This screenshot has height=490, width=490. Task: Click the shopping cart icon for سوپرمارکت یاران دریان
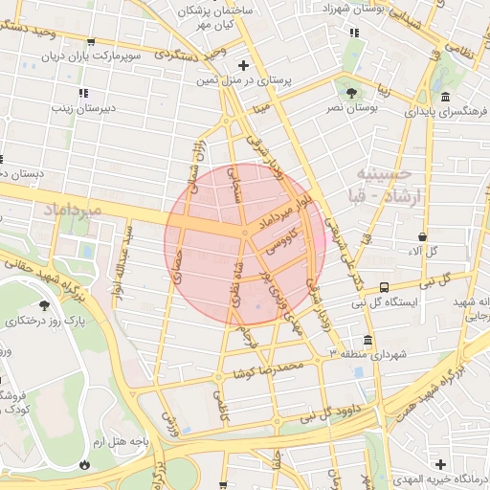pyautogui.click(x=90, y=42)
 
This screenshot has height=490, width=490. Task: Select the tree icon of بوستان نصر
pyautogui.click(x=352, y=93)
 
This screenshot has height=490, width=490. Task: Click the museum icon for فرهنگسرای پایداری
pyautogui.click(x=446, y=97)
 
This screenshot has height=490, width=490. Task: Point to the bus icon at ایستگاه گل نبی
pyautogui.click(x=384, y=286)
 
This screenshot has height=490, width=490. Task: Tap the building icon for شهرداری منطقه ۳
pyautogui.click(x=367, y=340)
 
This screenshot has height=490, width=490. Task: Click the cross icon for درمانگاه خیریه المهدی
pyautogui.click(x=439, y=463)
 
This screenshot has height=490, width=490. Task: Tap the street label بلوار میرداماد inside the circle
pyautogui.click(x=293, y=212)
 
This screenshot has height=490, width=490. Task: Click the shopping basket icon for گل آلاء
pyautogui.click(x=423, y=236)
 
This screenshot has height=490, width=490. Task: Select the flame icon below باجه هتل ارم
pyautogui.click(x=85, y=463)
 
